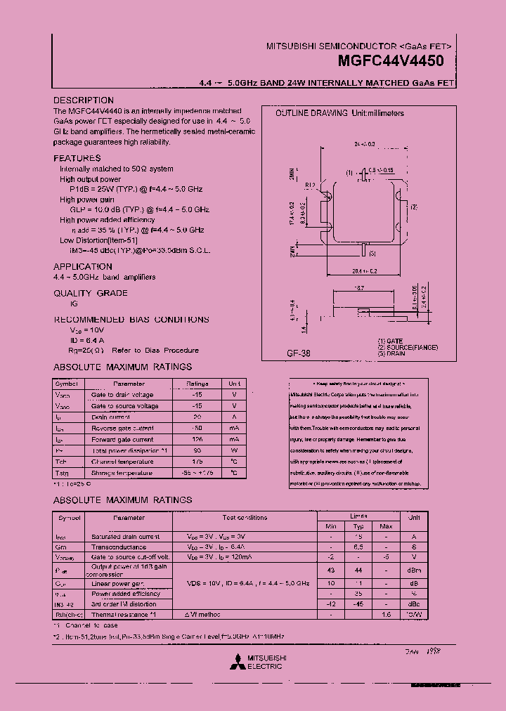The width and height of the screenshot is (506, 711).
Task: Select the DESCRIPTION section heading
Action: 84,100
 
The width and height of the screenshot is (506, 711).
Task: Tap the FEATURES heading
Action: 77,158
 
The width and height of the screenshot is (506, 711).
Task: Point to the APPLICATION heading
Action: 83,267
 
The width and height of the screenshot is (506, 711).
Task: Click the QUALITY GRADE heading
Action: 91,293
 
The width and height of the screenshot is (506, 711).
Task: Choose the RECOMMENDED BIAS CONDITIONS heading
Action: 131,320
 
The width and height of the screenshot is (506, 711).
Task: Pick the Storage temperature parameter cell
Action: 122,473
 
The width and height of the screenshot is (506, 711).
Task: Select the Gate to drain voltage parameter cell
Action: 122,395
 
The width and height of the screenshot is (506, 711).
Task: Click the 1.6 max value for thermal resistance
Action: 386,613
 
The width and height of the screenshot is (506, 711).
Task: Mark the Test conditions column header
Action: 245,518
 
